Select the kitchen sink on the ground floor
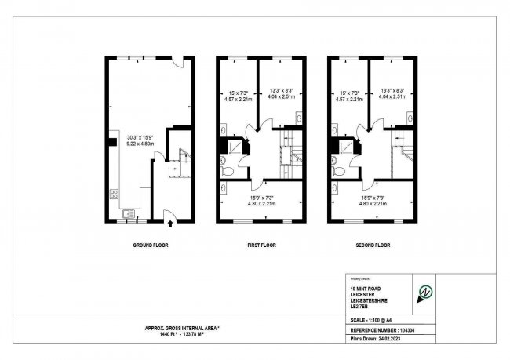[129, 212]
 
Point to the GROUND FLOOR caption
[150, 245]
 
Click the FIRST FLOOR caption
[262, 245]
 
